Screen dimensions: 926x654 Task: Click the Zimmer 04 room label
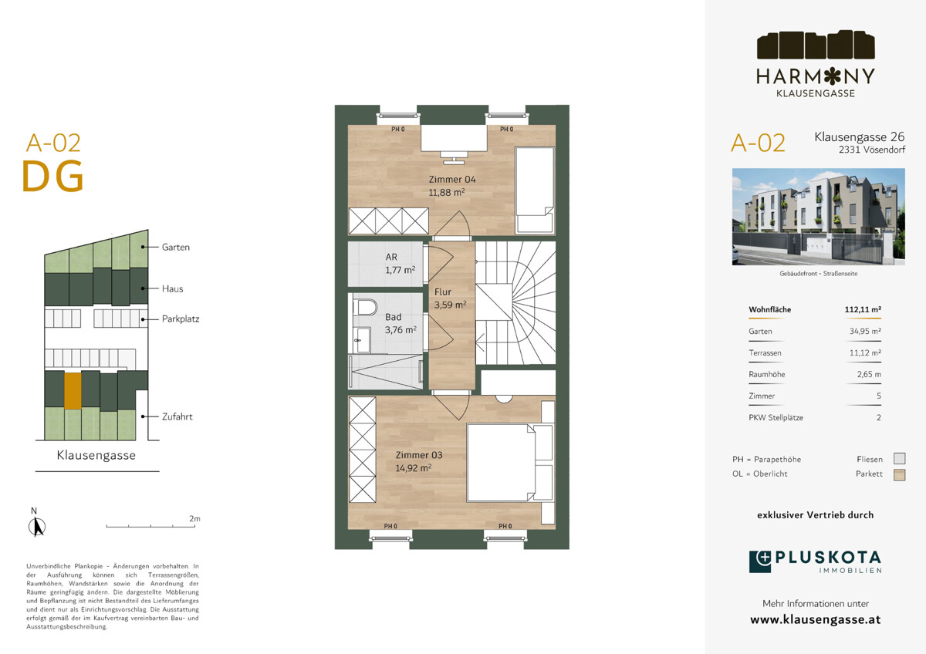(x=452, y=179)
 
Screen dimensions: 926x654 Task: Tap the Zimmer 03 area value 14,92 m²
(x=414, y=468)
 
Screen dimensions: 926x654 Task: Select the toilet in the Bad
(x=367, y=308)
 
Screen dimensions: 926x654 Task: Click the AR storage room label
(x=391, y=257)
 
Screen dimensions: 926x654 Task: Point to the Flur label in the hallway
(x=442, y=292)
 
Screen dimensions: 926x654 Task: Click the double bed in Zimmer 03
(x=510, y=462)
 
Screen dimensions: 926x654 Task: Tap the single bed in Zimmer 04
(x=534, y=190)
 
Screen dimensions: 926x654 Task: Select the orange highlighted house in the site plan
(x=73, y=391)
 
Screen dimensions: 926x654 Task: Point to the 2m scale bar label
(x=194, y=518)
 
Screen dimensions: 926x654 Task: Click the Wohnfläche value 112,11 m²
(x=863, y=309)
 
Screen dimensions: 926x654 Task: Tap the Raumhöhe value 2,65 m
(x=869, y=374)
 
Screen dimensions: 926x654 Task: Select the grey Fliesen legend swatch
(x=900, y=459)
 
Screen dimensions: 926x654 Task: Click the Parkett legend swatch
(x=900, y=475)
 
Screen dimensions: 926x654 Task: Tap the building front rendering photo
(x=819, y=217)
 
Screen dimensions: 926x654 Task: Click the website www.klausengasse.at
(x=815, y=620)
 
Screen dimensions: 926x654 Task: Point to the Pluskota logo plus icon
(x=760, y=561)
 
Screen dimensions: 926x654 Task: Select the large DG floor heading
(x=53, y=177)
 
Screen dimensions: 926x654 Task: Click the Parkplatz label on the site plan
(x=181, y=319)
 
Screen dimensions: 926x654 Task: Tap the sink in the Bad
(x=363, y=340)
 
